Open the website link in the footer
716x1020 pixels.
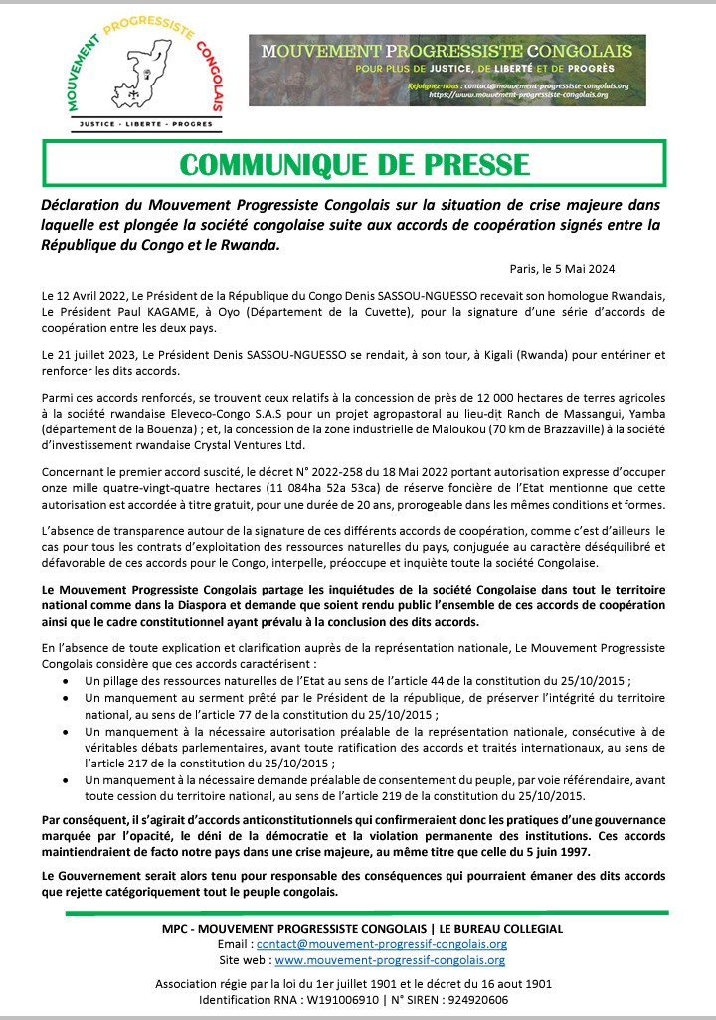pos(390,960)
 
